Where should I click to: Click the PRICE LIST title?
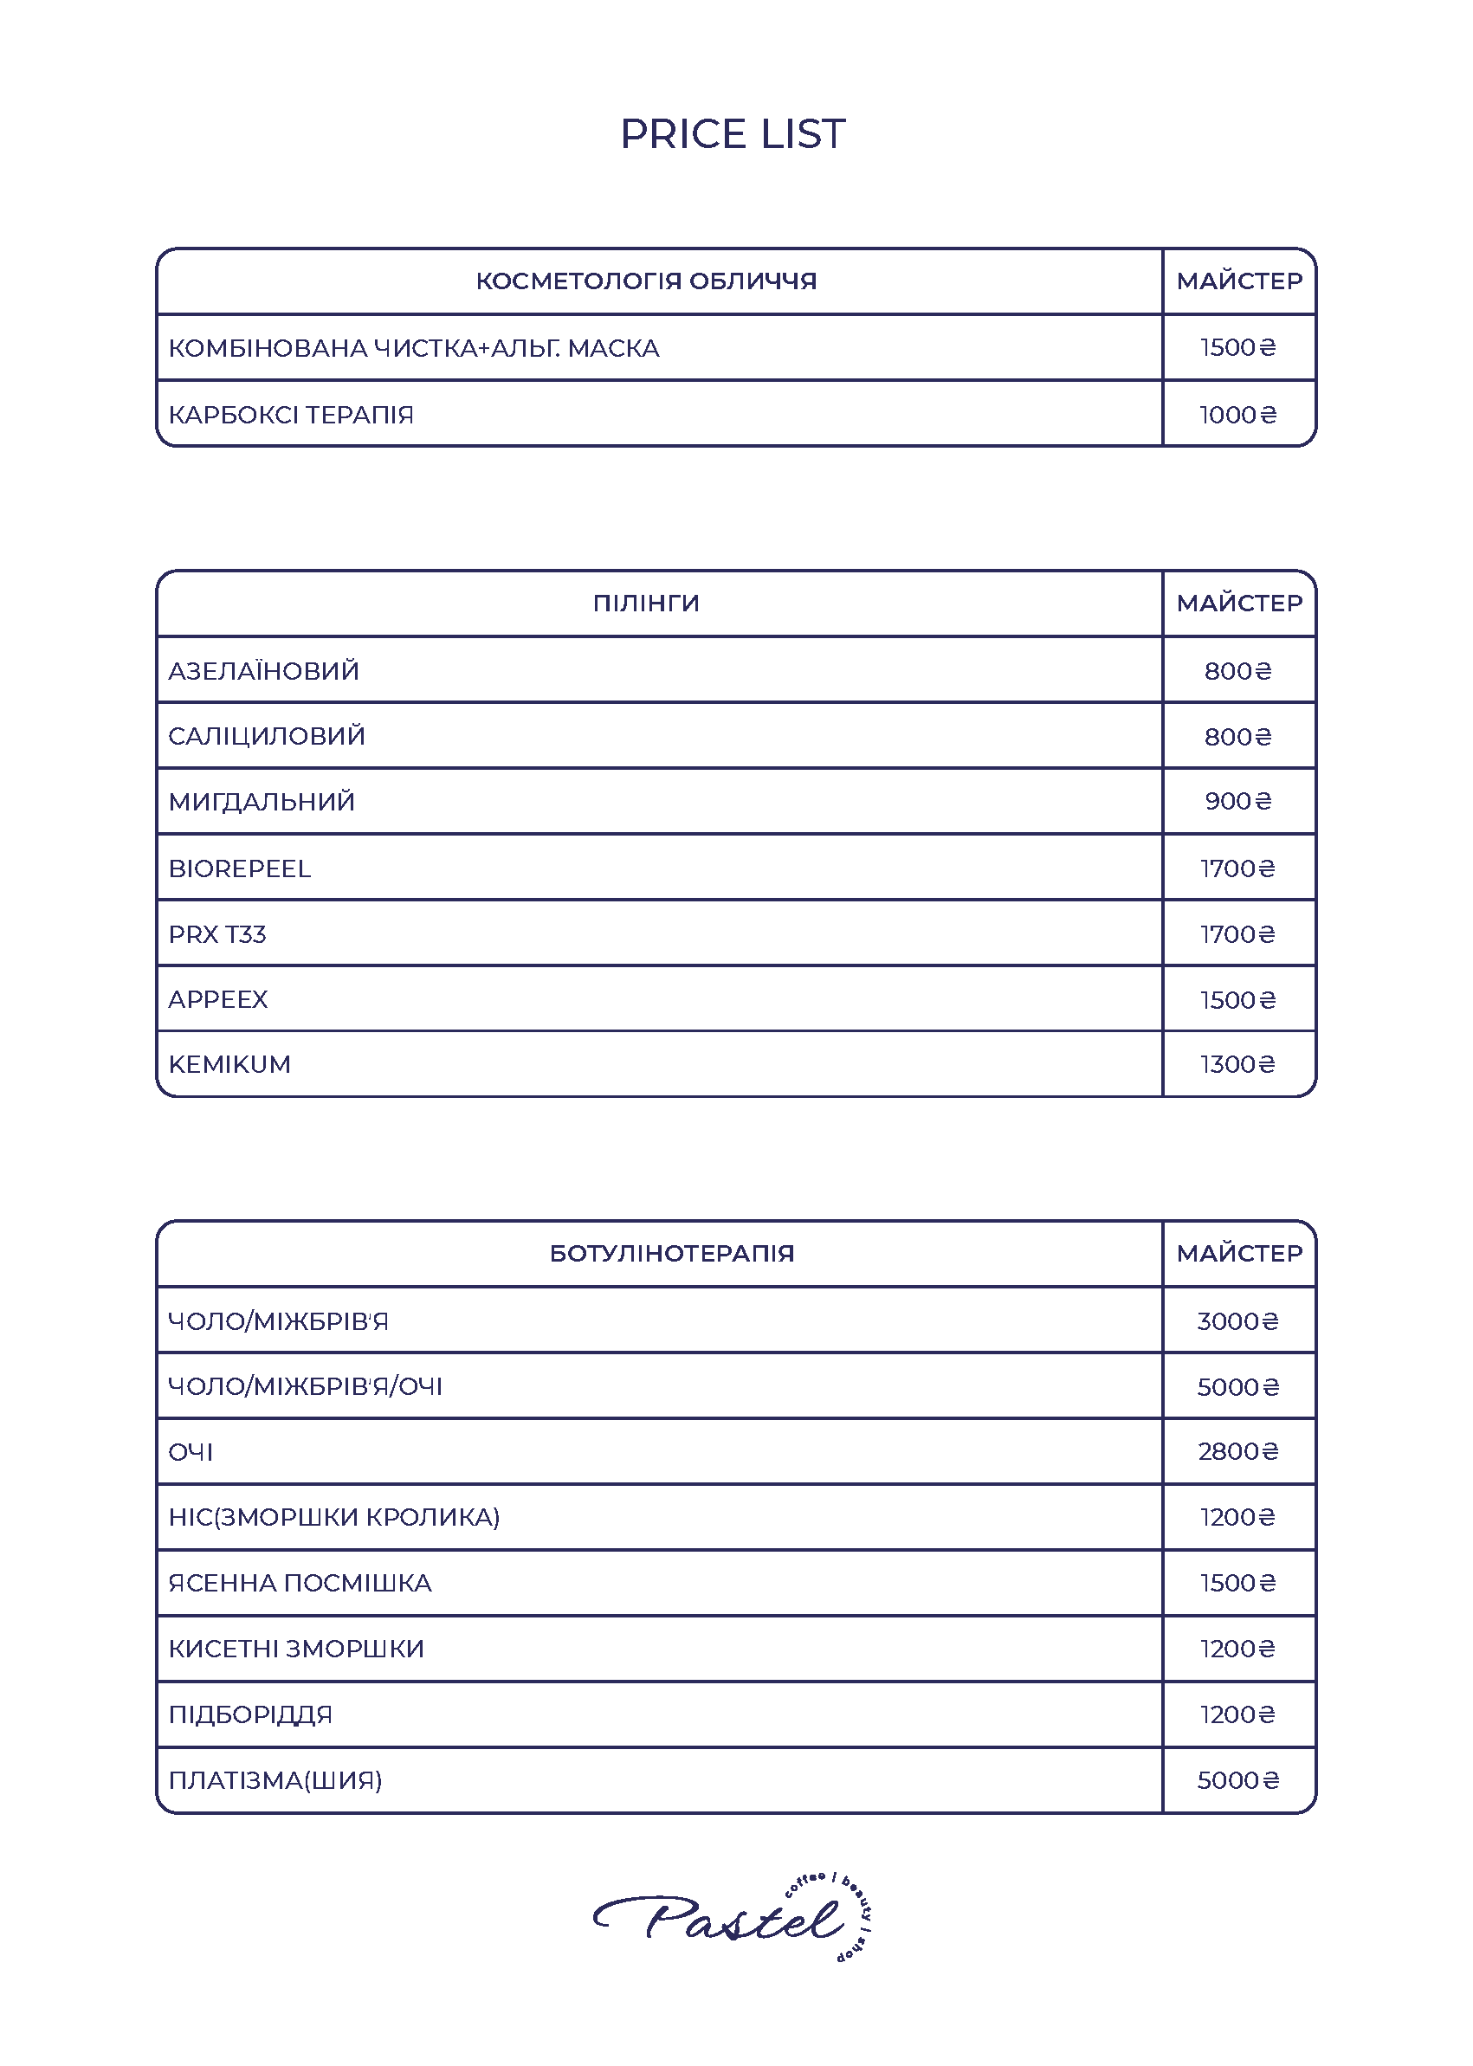[733, 134]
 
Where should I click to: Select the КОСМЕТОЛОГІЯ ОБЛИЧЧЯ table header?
[646, 281]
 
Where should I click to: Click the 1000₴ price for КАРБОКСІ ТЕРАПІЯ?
[1238, 415]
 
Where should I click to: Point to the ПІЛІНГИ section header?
[646, 604]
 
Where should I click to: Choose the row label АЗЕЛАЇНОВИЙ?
[264, 671]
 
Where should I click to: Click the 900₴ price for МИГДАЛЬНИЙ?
[1238, 802]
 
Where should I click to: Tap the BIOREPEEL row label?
[240, 868]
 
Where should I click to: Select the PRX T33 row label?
[217, 934]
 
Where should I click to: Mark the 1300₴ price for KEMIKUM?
[1238, 1064]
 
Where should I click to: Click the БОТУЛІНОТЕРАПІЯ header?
[671, 1254]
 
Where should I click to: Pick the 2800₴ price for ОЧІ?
[1238, 1452]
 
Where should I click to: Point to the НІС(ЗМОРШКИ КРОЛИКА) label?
[333, 1517]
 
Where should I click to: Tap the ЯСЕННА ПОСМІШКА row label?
[300, 1583]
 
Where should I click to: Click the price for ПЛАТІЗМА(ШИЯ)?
[1238, 1780]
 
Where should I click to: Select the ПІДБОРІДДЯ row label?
[250, 1715]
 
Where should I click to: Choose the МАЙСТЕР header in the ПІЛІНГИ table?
[1239, 604]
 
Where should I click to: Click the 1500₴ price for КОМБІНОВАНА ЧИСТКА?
[1238, 347]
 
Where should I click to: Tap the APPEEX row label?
[217, 999]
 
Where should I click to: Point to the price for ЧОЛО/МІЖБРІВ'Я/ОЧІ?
[1238, 1386]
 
